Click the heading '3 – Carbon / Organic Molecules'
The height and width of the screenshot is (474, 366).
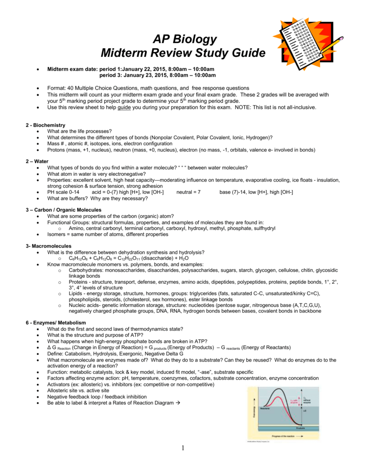pyautogui.click(x=64, y=210)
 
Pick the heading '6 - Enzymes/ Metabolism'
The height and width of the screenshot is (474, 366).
pyautogui.click(x=56, y=322)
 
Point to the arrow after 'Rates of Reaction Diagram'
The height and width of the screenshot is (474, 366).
pyautogui.click(x=178, y=403)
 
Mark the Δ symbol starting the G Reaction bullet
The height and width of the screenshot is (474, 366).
pyautogui.click(x=50, y=347)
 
